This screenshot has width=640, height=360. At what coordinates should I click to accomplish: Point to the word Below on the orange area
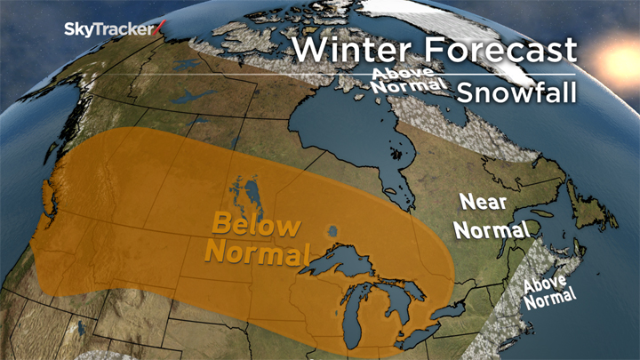(x=253, y=224)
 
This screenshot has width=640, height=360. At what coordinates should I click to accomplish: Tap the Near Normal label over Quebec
(x=491, y=215)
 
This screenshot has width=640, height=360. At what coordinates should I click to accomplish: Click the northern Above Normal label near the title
(x=406, y=81)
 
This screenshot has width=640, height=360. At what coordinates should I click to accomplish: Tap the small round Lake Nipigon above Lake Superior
(x=332, y=229)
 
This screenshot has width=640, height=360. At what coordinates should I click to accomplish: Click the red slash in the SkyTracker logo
(x=159, y=28)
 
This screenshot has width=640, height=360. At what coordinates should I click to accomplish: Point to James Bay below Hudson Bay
(x=396, y=178)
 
